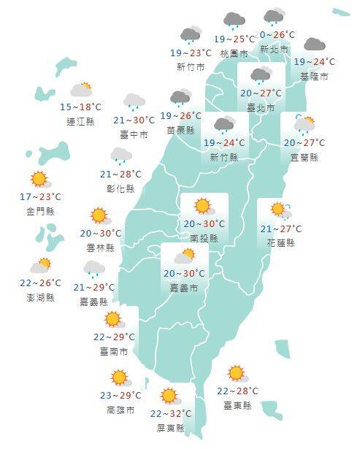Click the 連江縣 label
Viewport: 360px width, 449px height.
80,121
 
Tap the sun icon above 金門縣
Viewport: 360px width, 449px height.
39,180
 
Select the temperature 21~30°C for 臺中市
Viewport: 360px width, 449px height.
134,120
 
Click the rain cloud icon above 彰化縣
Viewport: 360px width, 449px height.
120,156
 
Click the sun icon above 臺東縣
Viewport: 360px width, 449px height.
235,374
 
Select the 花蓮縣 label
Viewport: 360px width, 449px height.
280,242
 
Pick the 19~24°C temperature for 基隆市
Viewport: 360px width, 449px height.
314,62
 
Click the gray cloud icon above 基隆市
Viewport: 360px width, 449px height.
314,45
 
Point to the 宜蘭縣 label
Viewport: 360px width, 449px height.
304,157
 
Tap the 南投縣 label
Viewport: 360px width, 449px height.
204,238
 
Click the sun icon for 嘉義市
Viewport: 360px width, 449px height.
184,256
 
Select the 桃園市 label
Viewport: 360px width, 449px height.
234,53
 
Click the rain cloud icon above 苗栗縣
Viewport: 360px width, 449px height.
180,98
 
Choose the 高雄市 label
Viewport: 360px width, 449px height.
120,410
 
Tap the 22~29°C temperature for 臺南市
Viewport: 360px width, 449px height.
114,337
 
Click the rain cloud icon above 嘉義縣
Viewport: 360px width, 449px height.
93,269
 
